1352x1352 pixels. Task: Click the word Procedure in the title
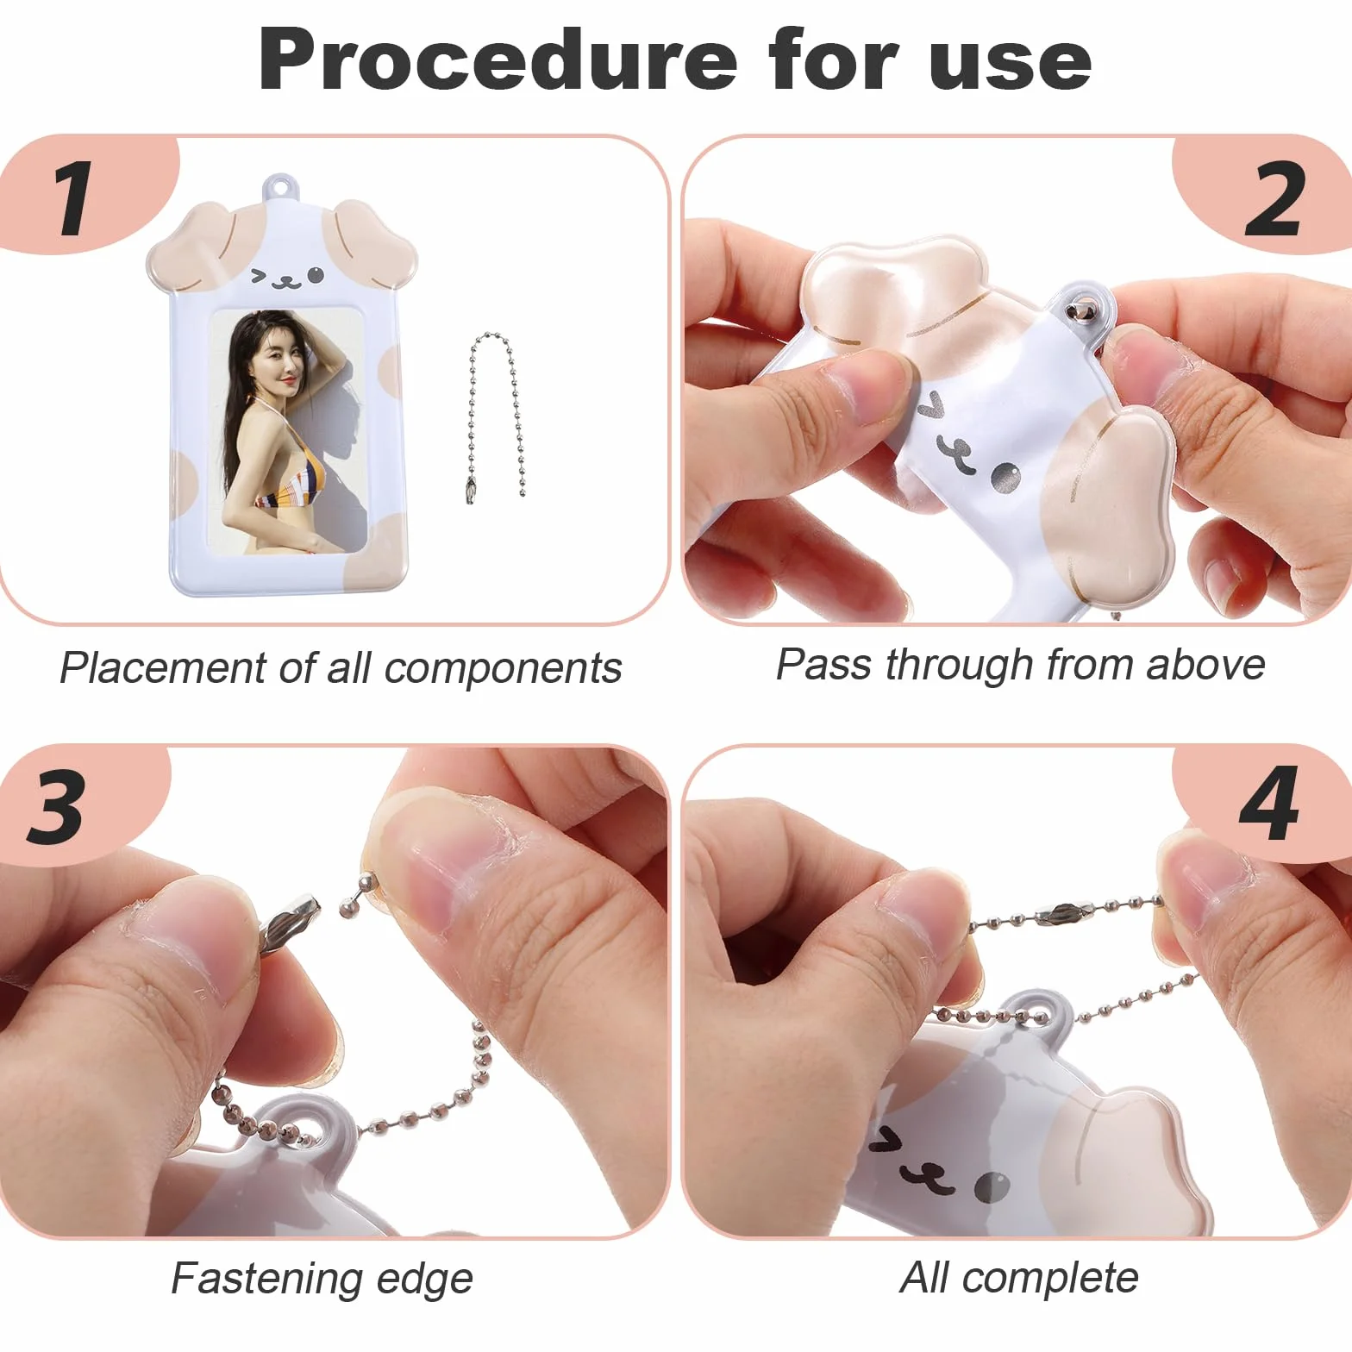[x=498, y=59]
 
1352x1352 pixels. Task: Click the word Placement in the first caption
[x=163, y=668]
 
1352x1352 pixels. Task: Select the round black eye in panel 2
[x=1004, y=477]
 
